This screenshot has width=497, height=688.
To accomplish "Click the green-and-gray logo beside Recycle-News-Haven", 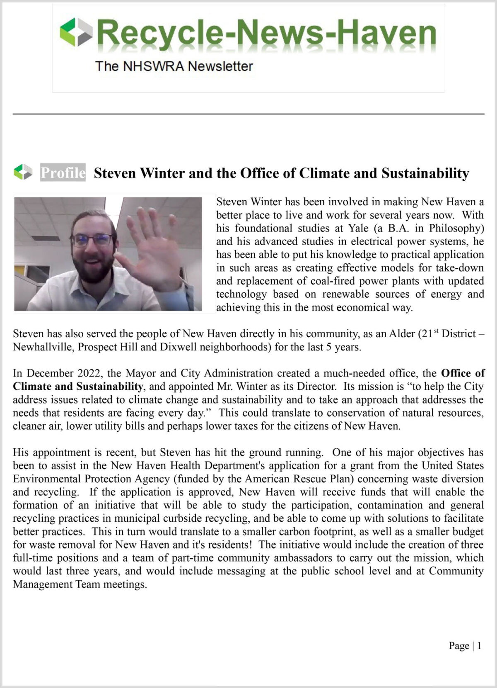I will pyautogui.click(x=76, y=32).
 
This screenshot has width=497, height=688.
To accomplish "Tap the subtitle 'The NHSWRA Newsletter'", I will pyautogui.click(x=174, y=66).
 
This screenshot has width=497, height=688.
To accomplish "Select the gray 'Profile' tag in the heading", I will pyautogui.click(x=63, y=172).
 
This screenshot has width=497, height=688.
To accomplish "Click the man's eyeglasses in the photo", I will pyautogui.click(x=92, y=240).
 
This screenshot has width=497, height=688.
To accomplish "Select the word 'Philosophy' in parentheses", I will pyautogui.click(x=456, y=228).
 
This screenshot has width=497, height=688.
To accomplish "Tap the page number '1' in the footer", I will pyautogui.click(x=479, y=646).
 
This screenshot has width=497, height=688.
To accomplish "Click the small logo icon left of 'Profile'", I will pyautogui.click(x=23, y=172).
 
